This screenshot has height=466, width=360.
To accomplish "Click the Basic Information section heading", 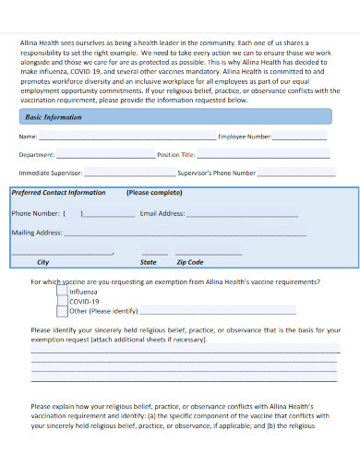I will [53, 117].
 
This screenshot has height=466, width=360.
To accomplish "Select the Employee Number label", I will [245, 136].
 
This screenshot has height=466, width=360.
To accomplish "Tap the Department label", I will [37, 154].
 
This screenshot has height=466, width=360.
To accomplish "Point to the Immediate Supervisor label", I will [51, 173].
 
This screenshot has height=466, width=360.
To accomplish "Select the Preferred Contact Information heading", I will [57, 193].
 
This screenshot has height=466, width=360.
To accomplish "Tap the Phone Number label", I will [35, 213].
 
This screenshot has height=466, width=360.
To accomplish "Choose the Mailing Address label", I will [37, 233].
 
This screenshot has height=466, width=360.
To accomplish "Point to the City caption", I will [42, 262].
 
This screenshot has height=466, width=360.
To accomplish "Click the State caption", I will [150, 262].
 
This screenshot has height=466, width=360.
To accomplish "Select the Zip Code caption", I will [189, 262].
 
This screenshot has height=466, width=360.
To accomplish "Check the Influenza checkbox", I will [62, 291].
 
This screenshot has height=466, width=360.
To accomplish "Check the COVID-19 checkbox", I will [62, 301].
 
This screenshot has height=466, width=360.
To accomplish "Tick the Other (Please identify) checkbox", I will [62, 311].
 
